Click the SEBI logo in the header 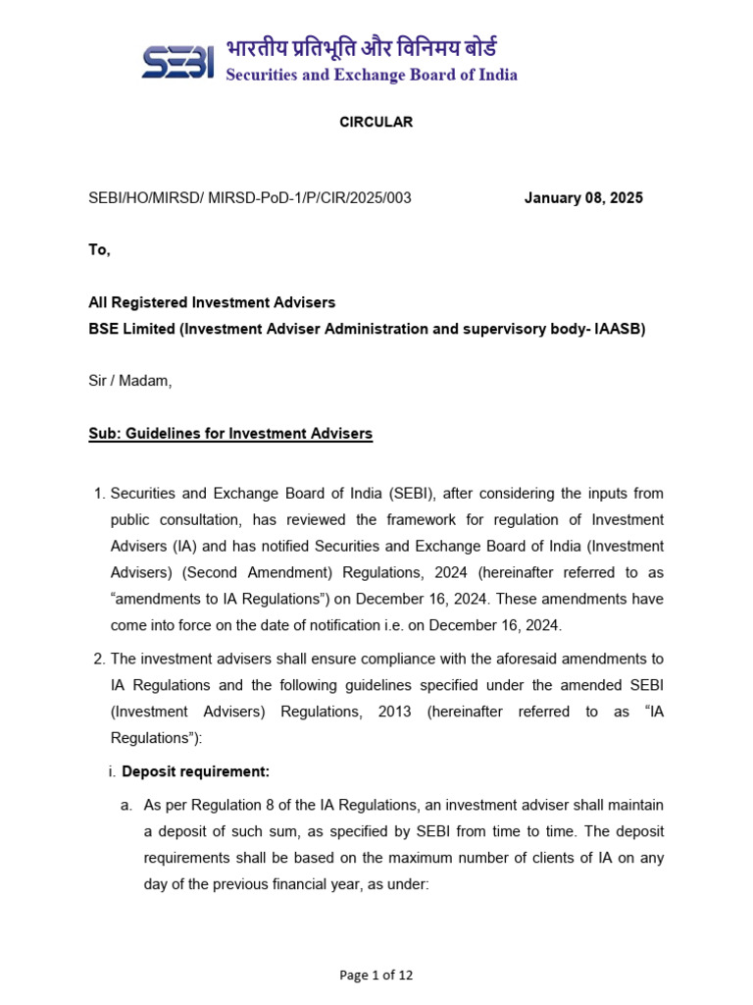[x=177, y=61]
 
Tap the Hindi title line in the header [x=362, y=46]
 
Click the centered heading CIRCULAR [x=376, y=123]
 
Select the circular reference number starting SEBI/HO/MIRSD [x=250, y=198]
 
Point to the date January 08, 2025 [x=583, y=198]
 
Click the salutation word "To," [x=100, y=250]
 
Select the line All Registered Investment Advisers [x=212, y=303]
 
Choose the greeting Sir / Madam [x=130, y=382]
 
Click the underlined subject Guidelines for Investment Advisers [x=249, y=434]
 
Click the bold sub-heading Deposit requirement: [x=195, y=771]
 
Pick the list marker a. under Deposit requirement [x=126, y=806]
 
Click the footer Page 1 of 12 [x=376, y=976]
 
